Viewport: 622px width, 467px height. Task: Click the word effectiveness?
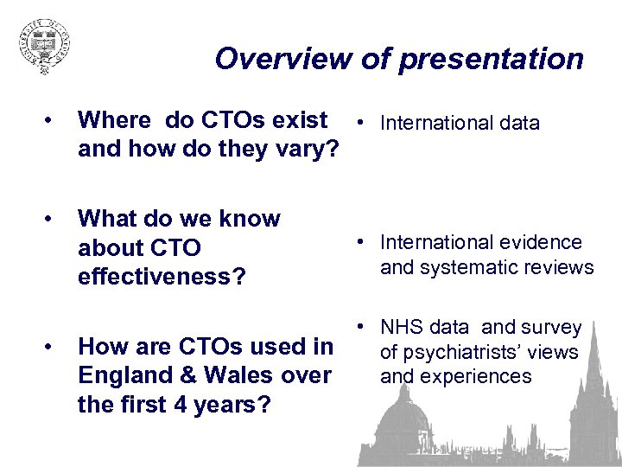click(x=162, y=277)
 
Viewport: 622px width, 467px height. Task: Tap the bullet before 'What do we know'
click(x=54, y=219)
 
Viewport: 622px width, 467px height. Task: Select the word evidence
click(x=540, y=243)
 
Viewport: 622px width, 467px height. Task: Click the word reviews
click(x=558, y=267)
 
